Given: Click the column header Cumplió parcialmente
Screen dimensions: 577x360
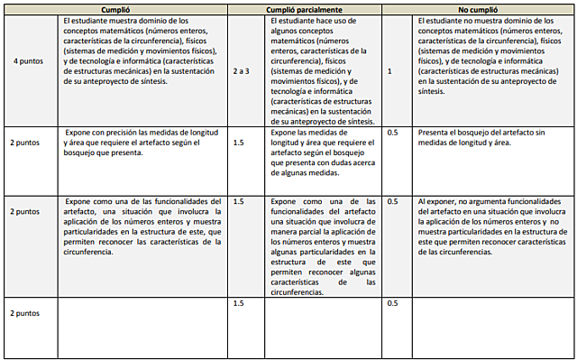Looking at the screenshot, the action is click(x=306, y=8).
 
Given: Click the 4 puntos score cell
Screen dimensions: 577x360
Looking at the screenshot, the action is click(x=25, y=60).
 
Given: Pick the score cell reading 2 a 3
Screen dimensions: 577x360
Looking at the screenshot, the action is click(x=241, y=69).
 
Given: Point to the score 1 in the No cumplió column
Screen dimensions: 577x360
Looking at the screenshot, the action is click(x=389, y=69).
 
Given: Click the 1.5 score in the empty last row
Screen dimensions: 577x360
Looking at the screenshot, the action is click(x=238, y=303).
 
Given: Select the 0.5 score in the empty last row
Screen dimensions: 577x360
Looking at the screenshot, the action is click(x=392, y=303).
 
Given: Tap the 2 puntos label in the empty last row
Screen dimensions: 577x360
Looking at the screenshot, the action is click(x=25, y=312).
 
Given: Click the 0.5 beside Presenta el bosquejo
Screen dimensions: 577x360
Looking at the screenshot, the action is click(x=392, y=133).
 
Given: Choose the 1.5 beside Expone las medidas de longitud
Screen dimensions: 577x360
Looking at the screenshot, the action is click(x=238, y=143).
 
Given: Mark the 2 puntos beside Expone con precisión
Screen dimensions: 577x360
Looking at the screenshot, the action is click(x=25, y=143).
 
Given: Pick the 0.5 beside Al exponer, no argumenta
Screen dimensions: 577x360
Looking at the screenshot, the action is click(x=392, y=201).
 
